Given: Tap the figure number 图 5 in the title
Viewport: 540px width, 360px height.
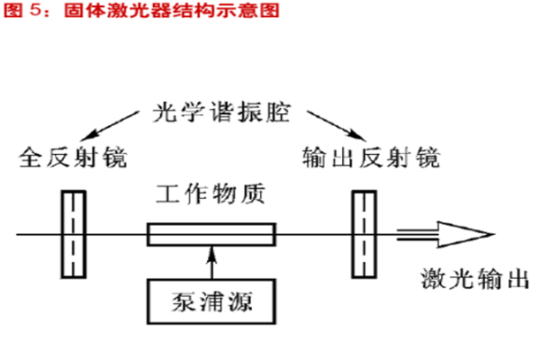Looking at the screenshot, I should (x=22, y=11).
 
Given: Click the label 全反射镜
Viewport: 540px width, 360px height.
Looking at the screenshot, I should (x=73, y=159).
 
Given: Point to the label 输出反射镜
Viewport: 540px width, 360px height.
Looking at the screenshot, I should (x=373, y=159).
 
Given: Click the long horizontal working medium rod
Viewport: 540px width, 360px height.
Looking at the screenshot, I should (x=211, y=236).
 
